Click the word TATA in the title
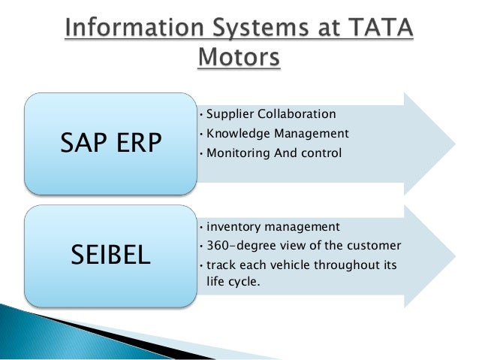382,29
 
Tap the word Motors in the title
239,57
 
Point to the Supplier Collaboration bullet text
270,114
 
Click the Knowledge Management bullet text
277,134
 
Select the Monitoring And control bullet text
273,153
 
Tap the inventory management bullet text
273,225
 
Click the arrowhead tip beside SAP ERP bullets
453,143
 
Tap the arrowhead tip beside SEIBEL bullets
453,255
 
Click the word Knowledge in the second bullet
238,134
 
